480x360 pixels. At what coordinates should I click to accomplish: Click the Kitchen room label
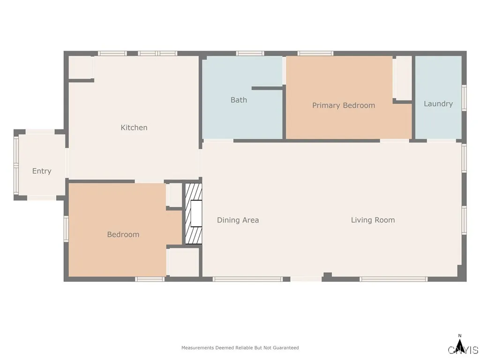click(134, 127)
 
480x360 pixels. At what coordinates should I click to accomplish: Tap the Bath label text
click(239, 100)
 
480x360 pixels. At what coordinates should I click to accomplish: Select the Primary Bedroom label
click(344, 105)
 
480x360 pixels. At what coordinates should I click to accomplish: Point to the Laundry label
click(438, 104)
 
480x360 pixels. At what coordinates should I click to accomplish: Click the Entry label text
click(42, 171)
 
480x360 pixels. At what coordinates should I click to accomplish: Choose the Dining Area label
click(238, 220)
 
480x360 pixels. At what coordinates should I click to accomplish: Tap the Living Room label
click(373, 220)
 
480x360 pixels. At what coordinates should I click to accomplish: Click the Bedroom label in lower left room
click(123, 234)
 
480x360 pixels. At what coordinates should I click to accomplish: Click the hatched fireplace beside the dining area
click(194, 214)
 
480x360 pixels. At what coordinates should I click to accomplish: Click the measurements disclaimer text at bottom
click(240, 348)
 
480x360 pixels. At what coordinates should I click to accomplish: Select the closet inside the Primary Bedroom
click(402, 78)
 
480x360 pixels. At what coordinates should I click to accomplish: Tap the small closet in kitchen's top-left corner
click(81, 67)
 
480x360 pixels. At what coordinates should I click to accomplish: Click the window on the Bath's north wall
click(250, 53)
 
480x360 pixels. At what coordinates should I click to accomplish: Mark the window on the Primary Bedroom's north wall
click(315, 53)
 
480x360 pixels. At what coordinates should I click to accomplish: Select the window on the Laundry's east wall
click(464, 98)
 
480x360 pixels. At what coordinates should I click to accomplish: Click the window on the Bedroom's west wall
click(66, 228)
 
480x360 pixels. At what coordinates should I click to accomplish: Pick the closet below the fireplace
click(184, 262)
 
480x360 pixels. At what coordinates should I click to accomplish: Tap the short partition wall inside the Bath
click(267, 88)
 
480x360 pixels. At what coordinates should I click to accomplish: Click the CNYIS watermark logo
click(463, 350)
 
